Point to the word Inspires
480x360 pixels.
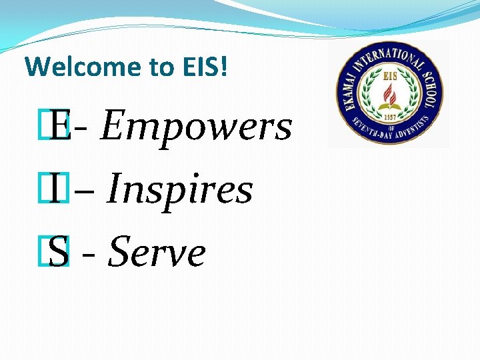[x=179, y=189]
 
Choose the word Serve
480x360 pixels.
[x=157, y=253]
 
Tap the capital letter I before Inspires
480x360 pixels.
[x=59, y=189]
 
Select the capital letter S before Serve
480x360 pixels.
[x=59, y=253]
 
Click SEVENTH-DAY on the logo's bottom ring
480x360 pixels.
[x=373, y=134]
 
